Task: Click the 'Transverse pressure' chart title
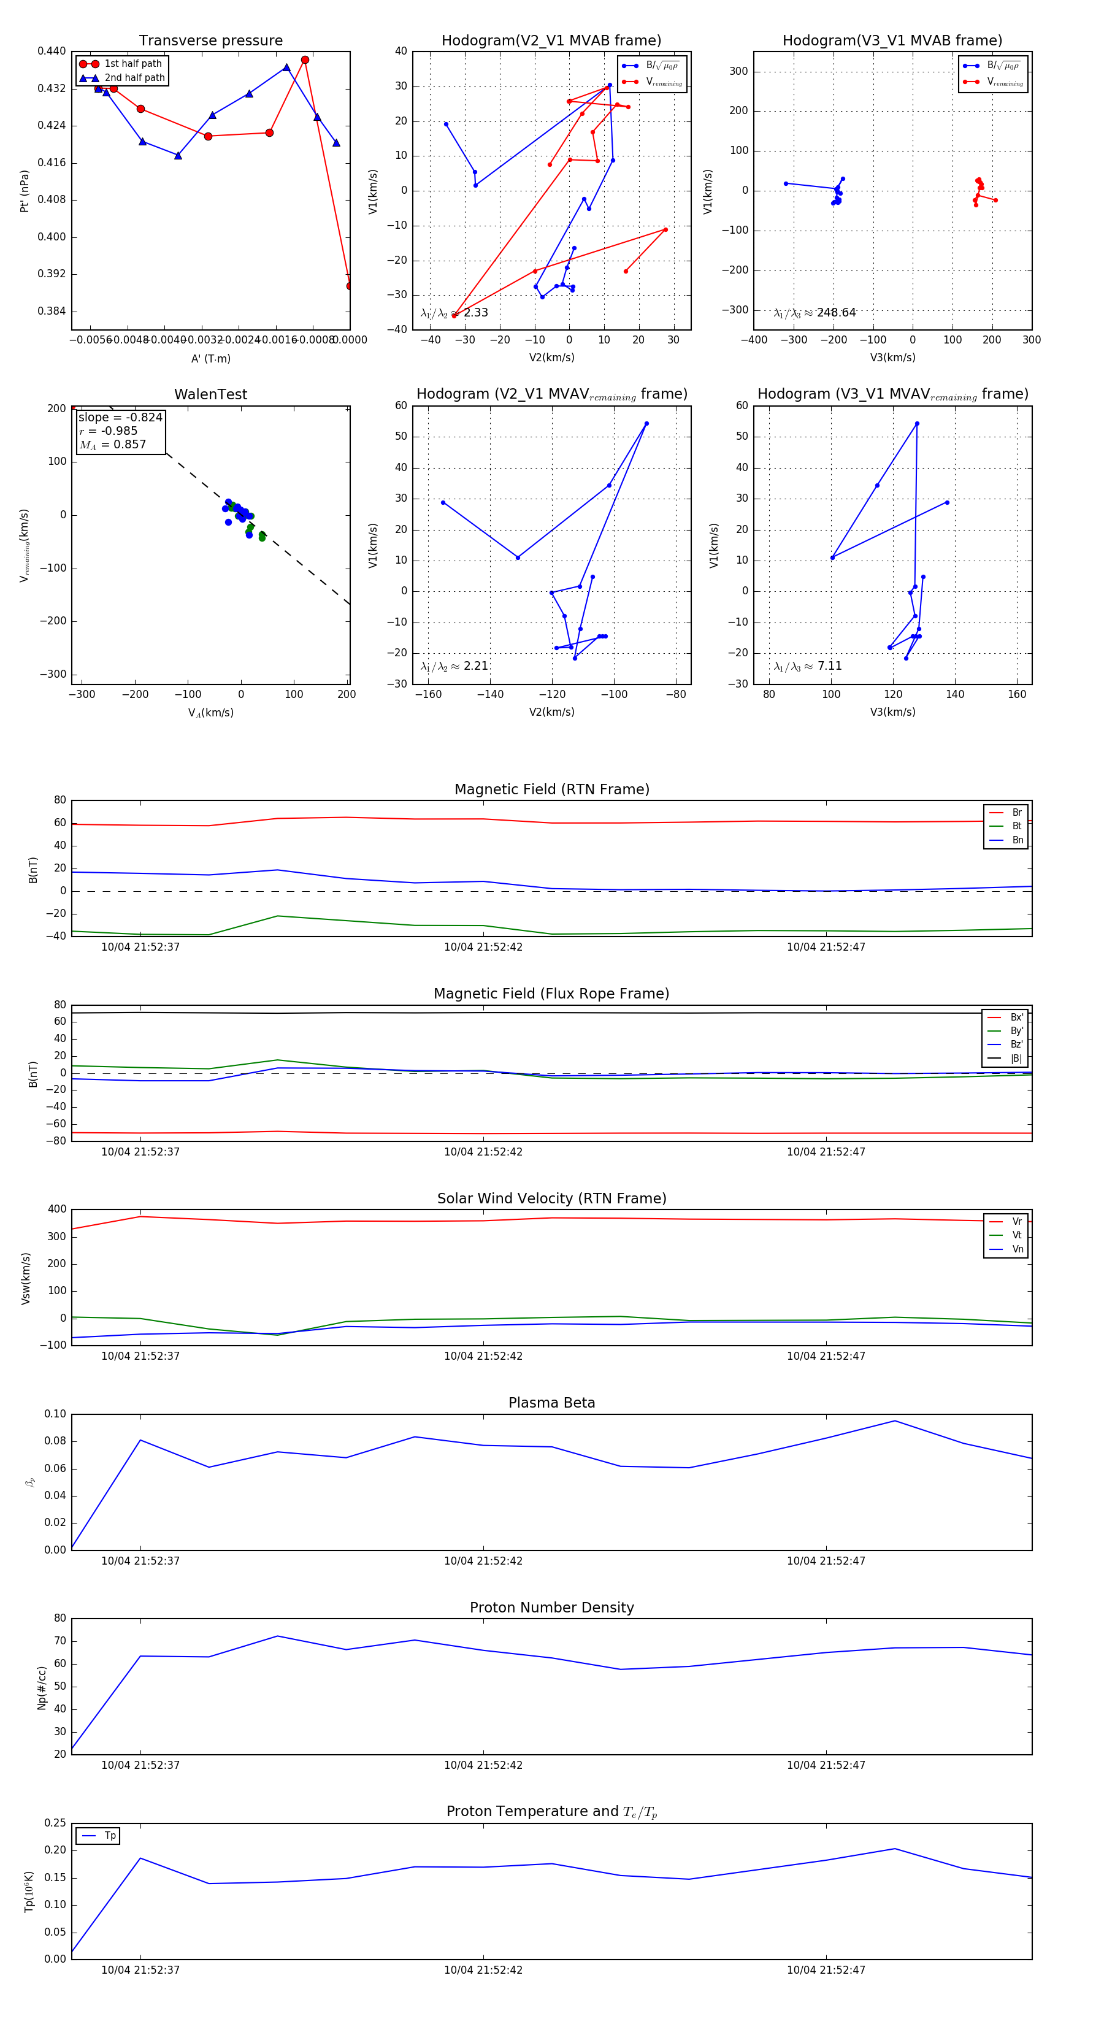[210, 41]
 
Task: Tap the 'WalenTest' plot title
[210, 394]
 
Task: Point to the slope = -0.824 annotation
[120, 417]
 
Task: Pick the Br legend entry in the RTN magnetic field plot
[1016, 813]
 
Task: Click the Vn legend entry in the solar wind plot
[1017, 1249]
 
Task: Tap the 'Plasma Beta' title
[551, 1403]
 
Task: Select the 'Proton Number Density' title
[551, 1608]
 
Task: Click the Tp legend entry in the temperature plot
[110, 1836]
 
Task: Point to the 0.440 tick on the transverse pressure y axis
[52, 51]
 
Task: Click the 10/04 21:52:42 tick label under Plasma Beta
[483, 1560]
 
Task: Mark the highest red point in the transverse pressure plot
[305, 59]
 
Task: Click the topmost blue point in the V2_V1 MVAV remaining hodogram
[646, 423]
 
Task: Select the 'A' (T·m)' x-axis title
[210, 358]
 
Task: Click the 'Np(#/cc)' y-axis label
[42, 1688]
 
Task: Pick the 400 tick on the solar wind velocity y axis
[56, 1209]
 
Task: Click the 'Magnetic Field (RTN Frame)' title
[551, 789]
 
